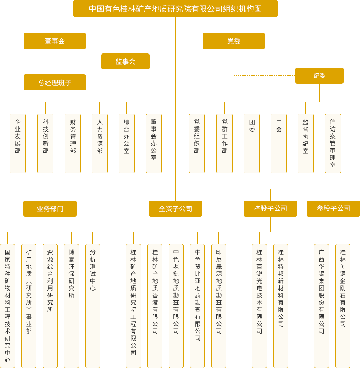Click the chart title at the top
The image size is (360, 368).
pos(175,9)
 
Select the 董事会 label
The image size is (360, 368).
pos(55,41)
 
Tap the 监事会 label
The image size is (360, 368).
pos(125,62)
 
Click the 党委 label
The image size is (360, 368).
pos(234,41)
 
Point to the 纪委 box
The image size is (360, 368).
pos(320,76)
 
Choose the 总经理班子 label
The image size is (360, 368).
pos(55,83)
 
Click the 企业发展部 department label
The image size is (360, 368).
pos(18,136)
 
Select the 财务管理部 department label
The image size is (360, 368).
pos(73,136)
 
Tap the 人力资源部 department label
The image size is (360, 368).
pos(100,136)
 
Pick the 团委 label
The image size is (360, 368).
pos(252,126)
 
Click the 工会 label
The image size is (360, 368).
pos(279,126)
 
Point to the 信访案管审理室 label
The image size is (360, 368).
pos(332,143)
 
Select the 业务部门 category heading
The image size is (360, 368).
pos(50,209)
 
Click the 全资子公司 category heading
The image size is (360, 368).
pos(175,209)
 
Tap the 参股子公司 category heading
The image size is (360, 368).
pos(333,209)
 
